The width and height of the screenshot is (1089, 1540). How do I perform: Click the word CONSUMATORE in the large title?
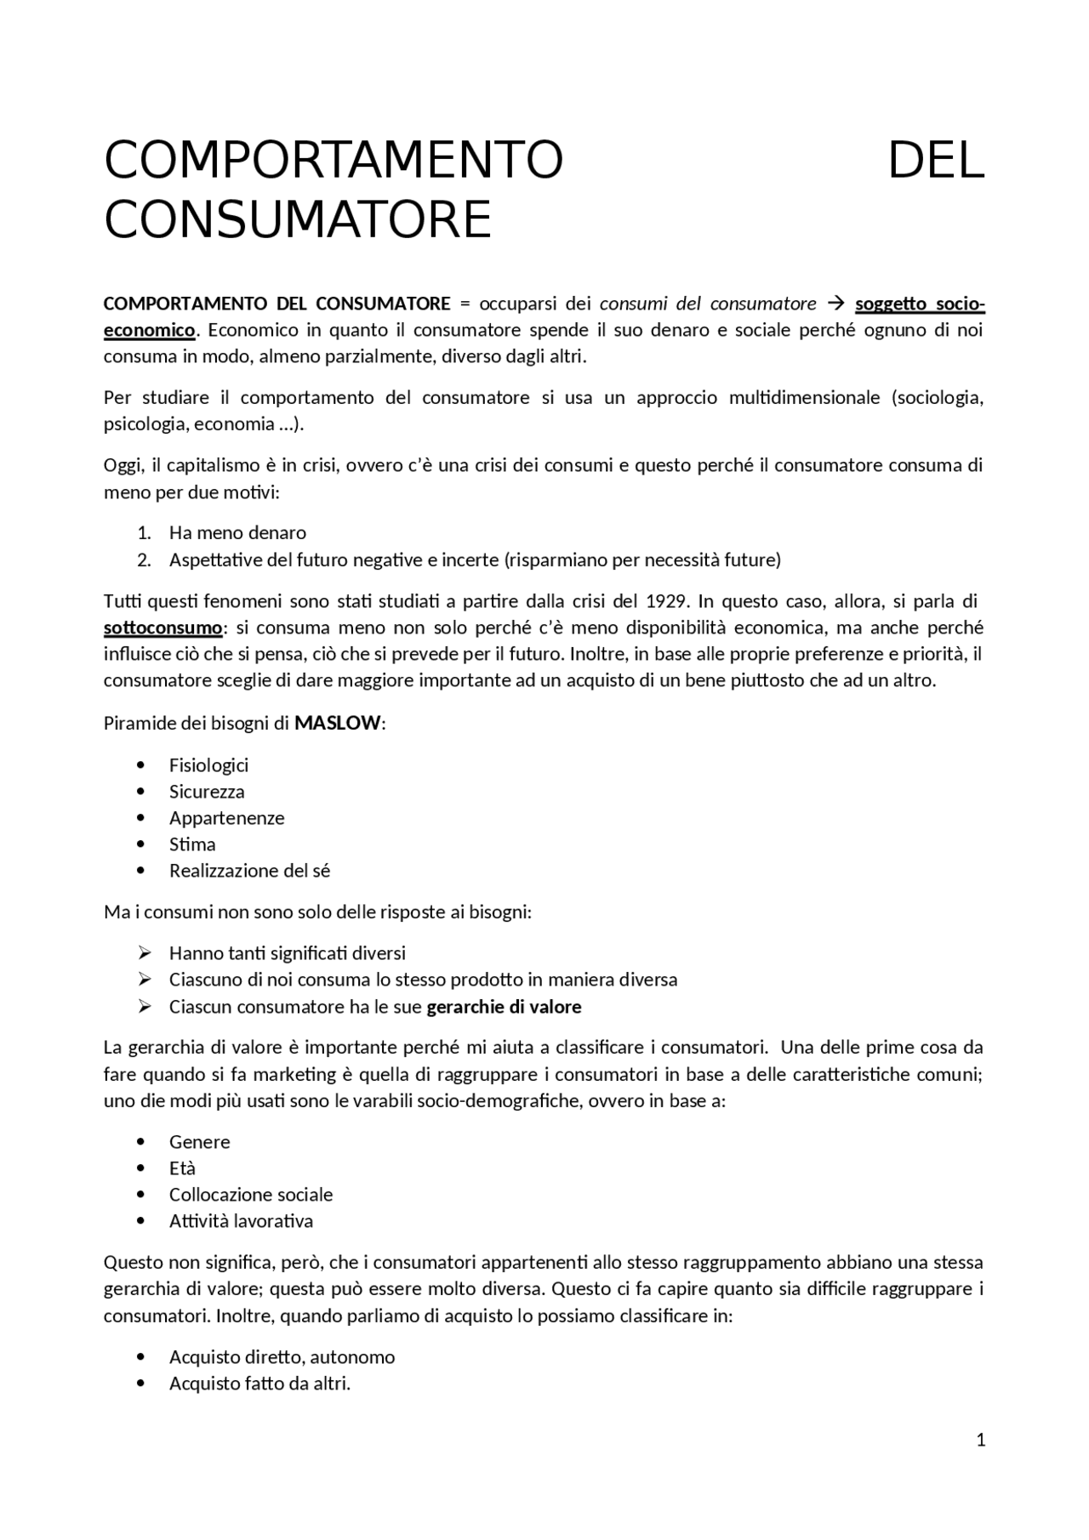coord(298,219)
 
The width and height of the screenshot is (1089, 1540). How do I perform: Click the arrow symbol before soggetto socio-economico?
coord(835,304)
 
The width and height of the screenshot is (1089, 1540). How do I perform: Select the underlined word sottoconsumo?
coord(162,628)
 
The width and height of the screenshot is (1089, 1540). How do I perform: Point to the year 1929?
coord(667,601)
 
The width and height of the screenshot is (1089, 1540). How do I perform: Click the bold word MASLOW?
coord(338,724)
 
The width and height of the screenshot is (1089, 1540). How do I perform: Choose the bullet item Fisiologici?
coord(208,764)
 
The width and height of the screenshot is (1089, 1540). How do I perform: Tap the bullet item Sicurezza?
coord(207,791)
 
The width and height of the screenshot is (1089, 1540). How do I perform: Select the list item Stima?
coord(192,844)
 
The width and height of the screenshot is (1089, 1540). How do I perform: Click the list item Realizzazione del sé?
coord(249,870)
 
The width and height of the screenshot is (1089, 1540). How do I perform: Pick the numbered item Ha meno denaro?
coord(237,532)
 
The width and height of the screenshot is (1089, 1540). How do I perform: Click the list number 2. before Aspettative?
coord(144,560)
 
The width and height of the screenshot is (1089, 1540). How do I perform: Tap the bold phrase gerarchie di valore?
coord(504,1007)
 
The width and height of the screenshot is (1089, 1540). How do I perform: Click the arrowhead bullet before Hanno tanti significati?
coord(144,952)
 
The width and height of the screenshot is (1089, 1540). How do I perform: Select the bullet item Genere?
coord(199,1141)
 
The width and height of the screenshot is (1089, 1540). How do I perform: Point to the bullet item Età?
coord(182,1168)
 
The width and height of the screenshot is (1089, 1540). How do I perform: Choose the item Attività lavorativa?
coord(241,1220)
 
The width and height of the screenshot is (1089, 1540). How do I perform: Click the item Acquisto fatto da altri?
coord(259,1383)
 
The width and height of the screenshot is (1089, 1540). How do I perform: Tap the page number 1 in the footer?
coord(981,1440)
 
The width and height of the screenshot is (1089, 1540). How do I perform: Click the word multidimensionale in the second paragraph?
coord(804,397)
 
